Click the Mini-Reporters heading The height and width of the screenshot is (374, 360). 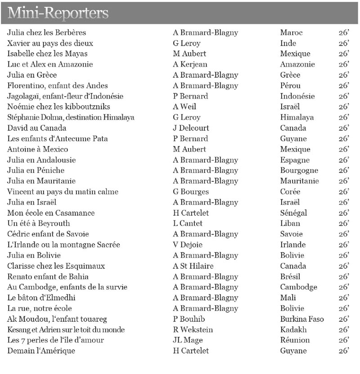(58, 13)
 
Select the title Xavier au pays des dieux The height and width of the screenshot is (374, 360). (50, 43)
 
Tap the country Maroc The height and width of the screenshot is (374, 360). (291, 32)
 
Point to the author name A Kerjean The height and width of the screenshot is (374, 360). (190, 64)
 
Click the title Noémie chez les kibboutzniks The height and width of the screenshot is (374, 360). (58, 107)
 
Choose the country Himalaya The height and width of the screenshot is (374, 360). (297, 117)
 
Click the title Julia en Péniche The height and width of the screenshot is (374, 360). (36, 171)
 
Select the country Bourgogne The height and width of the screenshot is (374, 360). (299, 171)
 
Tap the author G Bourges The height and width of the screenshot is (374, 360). (191, 192)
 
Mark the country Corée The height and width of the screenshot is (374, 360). (290, 192)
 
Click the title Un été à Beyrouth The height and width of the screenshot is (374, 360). (38, 224)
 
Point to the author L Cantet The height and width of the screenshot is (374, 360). (188, 224)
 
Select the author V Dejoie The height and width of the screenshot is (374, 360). (188, 245)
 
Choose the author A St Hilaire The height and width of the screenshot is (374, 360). (193, 266)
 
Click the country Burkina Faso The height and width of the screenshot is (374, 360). (301, 319)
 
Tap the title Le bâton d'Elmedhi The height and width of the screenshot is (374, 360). (41, 298)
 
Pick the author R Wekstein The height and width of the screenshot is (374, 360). (193, 330)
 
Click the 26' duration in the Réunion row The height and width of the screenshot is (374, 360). (344, 340)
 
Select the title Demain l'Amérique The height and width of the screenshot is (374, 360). (41, 351)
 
